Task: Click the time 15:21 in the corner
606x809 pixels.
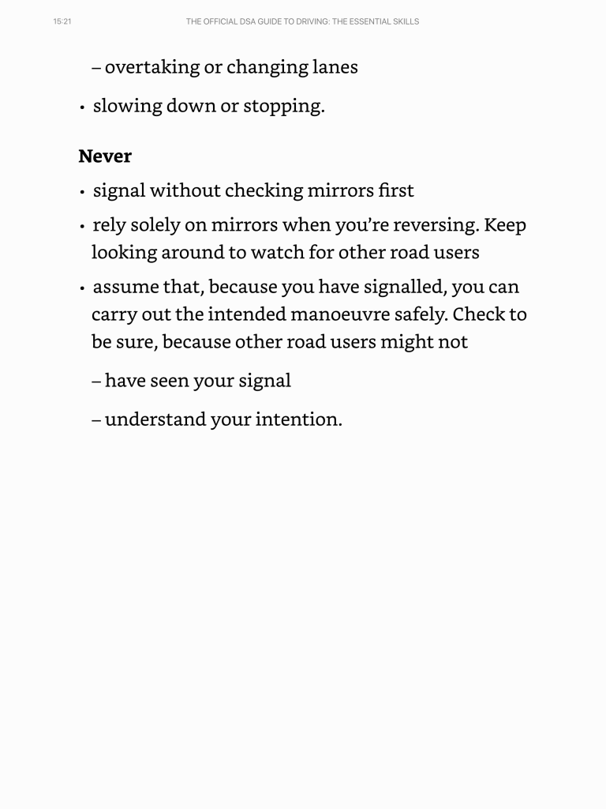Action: click(62, 21)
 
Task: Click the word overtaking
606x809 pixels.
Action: click(151, 67)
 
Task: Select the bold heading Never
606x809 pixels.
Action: click(105, 156)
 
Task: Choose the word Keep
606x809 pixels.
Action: click(505, 225)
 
